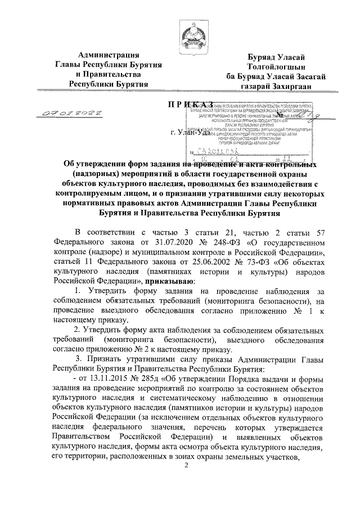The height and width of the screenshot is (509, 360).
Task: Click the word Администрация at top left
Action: click(109, 55)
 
